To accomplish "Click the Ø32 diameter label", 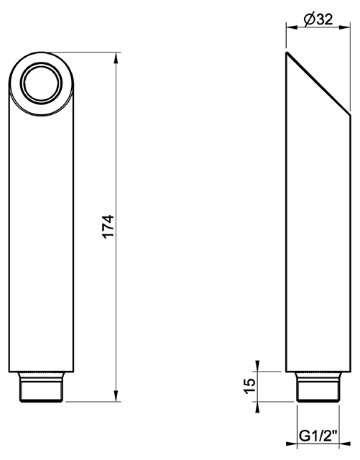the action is click(318, 19).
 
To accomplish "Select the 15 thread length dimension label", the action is click(250, 387).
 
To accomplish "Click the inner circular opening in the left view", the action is click(41, 83).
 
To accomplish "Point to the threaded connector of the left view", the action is click(41, 387).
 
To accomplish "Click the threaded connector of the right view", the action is click(318, 387).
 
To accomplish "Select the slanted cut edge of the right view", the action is click(318, 83).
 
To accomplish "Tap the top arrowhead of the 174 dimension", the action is click(116, 58).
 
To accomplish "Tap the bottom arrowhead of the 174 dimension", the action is click(116, 396).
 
